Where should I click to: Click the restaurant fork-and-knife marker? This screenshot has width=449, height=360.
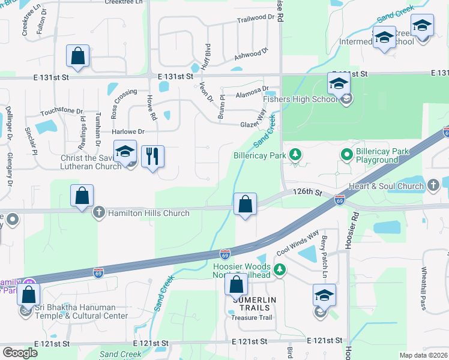click(x=152, y=157)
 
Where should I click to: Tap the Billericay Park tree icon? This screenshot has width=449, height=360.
click(x=295, y=155)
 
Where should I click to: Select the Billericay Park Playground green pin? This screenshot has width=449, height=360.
click(x=346, y=155)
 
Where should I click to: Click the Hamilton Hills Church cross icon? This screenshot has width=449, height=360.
click(x=99, y=212)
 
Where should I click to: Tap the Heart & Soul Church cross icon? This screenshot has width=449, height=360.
click(x=434, y=186)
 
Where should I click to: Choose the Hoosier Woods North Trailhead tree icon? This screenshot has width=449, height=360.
click(x=279, y=271)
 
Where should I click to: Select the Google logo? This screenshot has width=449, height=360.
click(x=19, y=353)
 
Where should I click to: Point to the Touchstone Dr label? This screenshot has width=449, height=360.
click(x=61, y=112)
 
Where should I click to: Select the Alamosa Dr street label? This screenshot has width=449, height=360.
click(x=252, y=89)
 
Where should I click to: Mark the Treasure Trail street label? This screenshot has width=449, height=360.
click(x=252, y=317)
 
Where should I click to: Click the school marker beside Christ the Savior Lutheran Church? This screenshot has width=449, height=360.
click(x=125, y=152)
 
